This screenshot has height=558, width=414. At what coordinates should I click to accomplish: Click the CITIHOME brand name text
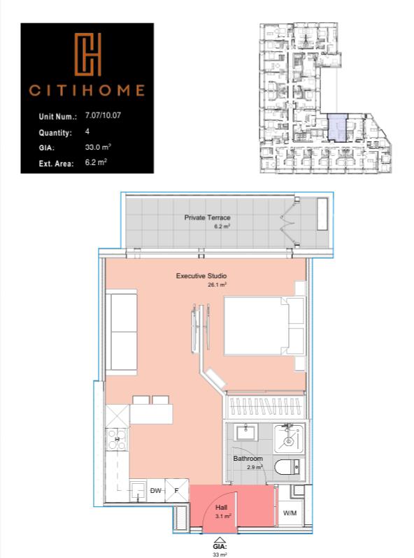(87, 90)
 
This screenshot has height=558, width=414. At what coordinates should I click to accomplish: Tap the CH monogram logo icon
(88, 55)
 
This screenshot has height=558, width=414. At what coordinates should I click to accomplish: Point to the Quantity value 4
(87, 131)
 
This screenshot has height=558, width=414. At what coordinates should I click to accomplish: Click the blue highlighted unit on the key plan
(337, 128)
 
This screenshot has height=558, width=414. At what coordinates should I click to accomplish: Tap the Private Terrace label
(207, 217)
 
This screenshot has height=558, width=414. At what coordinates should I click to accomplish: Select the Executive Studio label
(201, 276)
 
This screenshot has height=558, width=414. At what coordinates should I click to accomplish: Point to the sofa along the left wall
(121, 334)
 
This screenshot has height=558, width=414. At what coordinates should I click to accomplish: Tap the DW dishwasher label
(156, 491)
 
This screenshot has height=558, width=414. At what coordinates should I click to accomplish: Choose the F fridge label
(177, 491)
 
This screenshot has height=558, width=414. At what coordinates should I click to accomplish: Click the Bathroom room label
(248, 459)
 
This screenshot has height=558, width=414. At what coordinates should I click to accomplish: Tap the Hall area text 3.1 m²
(223, 516)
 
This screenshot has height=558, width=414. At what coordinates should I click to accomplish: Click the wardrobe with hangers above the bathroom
(264, 407)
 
